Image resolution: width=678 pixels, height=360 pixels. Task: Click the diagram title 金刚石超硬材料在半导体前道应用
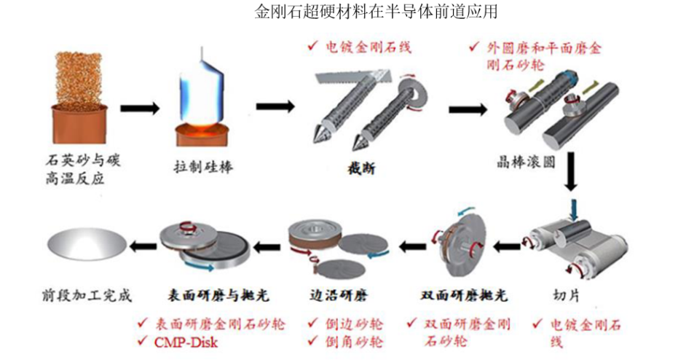(376, 12)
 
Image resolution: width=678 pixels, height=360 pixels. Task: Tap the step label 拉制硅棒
(203, 167)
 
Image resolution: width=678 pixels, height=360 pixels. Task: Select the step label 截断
(361, 168)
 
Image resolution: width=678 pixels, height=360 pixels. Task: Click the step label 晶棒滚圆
(526, 163)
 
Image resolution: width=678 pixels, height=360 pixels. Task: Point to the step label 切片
(566, 295)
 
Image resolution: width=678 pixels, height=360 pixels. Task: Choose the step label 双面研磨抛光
(464, 295)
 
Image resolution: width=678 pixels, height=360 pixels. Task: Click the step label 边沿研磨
(339, 295)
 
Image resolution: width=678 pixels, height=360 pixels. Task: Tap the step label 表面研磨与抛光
(218, 295)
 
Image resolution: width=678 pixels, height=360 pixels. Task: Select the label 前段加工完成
(87, 295)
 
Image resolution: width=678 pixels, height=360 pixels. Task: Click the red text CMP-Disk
(186, 343)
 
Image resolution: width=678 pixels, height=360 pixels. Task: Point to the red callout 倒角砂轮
(354, 342)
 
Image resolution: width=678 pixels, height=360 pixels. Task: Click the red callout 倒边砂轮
(354, 324)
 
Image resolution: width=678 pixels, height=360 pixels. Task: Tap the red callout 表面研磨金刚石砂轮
(220, 324)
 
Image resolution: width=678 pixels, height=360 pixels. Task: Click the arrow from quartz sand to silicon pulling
(140, 108)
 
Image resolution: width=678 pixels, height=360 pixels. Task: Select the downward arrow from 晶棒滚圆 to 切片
(571, 171)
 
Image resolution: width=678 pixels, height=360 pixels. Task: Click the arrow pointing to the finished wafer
(143, 247)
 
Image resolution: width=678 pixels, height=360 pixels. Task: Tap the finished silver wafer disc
(87, 245)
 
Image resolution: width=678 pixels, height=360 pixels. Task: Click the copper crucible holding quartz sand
(80, 123)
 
